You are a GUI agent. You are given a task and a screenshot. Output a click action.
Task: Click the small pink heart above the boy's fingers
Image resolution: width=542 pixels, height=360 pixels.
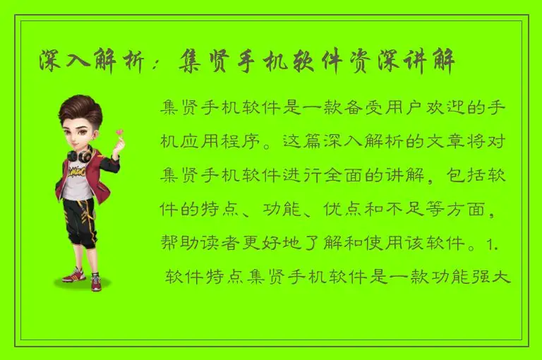click(120, 131)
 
